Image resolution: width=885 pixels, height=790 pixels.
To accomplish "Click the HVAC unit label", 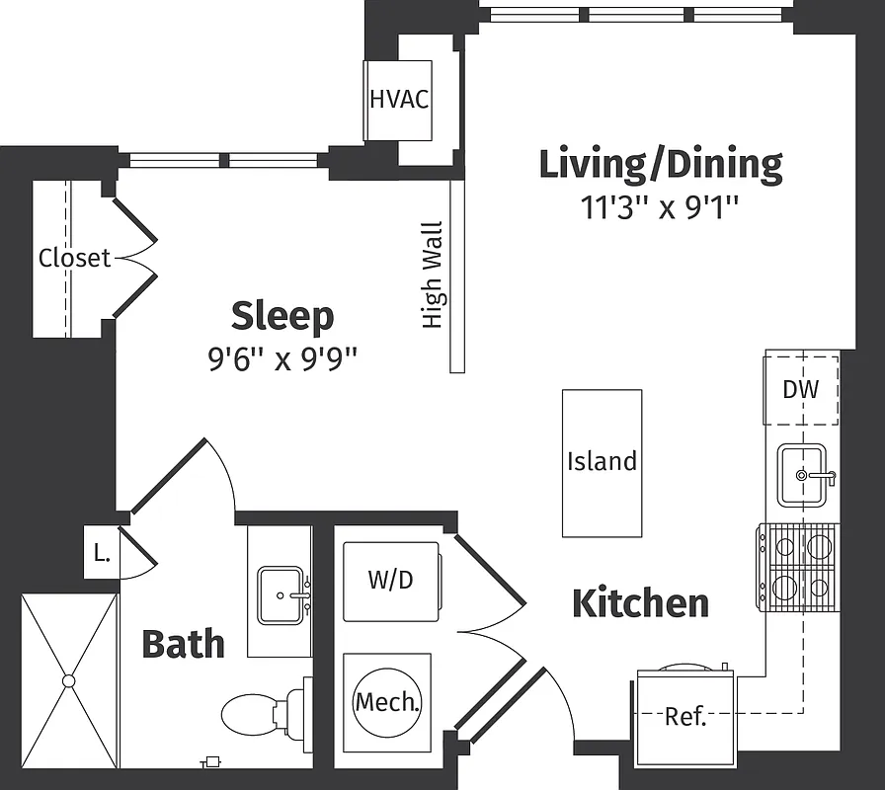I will click(x=399, y=100).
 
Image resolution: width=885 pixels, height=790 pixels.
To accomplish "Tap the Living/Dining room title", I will click(x=660, y=164).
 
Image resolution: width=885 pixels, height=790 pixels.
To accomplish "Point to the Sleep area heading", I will click(x=282, y=316).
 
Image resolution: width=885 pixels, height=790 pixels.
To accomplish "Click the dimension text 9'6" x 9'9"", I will click(x=282, y=357).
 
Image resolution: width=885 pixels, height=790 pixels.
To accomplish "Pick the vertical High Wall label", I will click(x=433, y=275).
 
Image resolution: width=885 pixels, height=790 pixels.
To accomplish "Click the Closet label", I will click(x=74, y=258).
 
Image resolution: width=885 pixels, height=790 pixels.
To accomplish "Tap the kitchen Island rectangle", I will click(x=602, y=462).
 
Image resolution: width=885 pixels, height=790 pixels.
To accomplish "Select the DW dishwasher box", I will click(x=801, y=389).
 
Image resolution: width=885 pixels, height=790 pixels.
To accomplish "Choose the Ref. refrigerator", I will click(x=685, y=717).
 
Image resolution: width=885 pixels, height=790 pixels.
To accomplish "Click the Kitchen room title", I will click(x=640, y=602).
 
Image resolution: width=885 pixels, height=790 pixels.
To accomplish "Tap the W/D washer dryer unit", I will click(x=391, y=581).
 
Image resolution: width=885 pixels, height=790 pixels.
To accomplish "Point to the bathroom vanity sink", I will click(x=282, y=595).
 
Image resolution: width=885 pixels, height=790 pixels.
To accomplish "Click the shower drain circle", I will click(x=69, y=680).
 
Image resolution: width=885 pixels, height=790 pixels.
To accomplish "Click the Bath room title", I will click(x=183, y=644).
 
